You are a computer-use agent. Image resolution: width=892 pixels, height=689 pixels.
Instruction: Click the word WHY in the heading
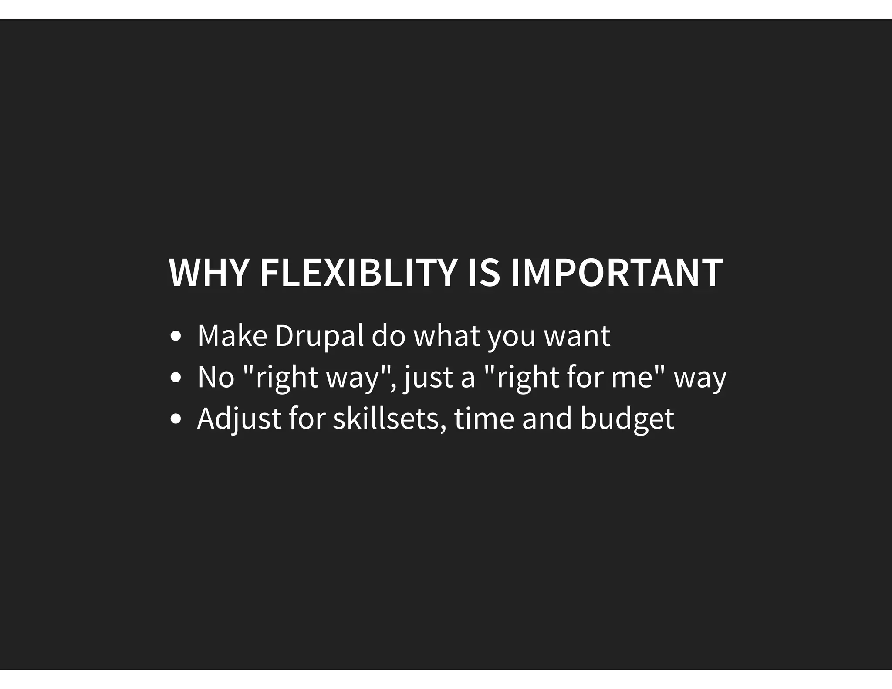click(208, 273)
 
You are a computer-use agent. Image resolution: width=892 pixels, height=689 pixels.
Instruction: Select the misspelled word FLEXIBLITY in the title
click(358, 273)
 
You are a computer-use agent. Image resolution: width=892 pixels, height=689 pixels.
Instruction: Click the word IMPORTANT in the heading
click(616, 273)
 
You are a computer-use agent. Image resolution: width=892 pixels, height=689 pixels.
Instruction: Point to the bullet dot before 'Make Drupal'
click(176, 336)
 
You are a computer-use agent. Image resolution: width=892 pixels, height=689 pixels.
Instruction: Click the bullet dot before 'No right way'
click(176, 378)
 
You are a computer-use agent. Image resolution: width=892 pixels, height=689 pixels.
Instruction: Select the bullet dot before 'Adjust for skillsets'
click(176, 419)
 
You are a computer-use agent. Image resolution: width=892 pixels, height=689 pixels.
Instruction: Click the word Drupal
click(319, 336)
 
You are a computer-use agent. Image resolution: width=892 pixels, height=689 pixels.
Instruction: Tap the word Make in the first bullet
click(232, 336)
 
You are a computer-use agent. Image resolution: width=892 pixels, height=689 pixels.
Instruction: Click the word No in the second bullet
click(216, 378)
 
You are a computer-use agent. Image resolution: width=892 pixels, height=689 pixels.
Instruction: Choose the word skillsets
click(389, 419)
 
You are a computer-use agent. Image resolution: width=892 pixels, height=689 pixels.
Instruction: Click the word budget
click(627, 419)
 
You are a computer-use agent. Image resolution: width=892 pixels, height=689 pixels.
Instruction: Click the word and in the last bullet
click(547, 419)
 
